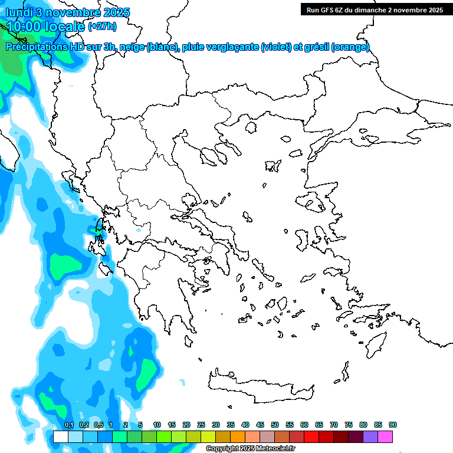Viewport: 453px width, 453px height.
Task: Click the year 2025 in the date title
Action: [116, 12]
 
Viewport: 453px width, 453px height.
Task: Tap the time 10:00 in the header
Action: [24, 26]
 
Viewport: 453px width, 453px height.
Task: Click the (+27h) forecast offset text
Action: [102, 27]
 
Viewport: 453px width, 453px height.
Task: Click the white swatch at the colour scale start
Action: [60, 436]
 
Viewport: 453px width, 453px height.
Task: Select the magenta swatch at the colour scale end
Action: [385, 436]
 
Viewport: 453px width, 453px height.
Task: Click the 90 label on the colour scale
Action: [393, 425]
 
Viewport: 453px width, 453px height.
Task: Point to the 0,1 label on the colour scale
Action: [68, 425]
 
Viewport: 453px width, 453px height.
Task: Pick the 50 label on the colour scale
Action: [275, 425]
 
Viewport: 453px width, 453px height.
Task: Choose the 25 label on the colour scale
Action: [201, 425]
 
